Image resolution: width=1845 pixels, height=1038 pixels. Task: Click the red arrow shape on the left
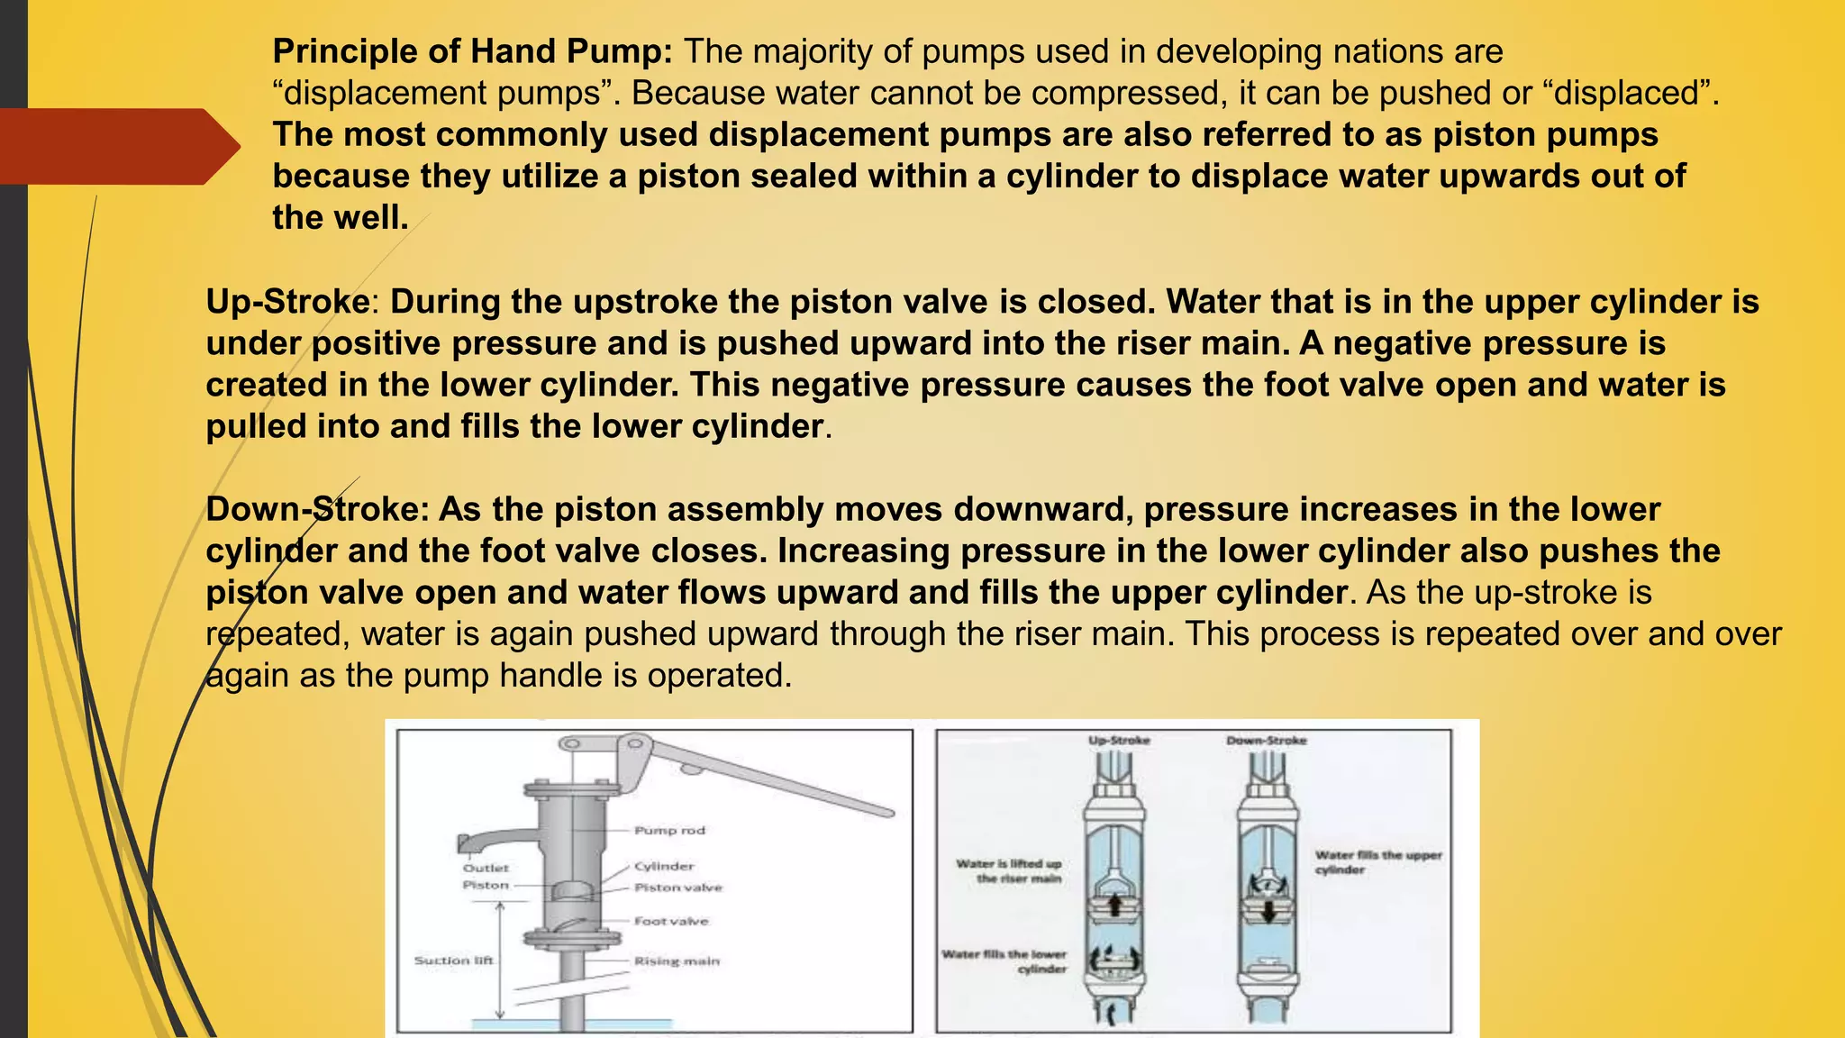pos(117,147)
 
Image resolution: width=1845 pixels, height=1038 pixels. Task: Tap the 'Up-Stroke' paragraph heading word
pos(287,302)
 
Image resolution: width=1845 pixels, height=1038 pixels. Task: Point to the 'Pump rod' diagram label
pos(669,830)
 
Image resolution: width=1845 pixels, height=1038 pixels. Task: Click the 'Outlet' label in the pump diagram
pos(486,868)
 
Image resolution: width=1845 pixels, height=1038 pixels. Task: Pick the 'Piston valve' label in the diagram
pos(677,888)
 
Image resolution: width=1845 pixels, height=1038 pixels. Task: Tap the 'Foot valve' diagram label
pos(671,921)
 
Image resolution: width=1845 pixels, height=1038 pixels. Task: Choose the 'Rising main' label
pos(677,961)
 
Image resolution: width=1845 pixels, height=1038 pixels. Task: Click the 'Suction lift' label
pos(453,961)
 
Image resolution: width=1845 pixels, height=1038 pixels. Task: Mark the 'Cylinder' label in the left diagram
pos(664,866)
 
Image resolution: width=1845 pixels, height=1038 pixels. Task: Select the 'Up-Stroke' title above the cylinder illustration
pos(1119,741)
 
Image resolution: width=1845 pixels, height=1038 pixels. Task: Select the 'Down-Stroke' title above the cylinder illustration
pos(1266,741)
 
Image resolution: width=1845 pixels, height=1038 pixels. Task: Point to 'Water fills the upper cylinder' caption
pos(1377,861)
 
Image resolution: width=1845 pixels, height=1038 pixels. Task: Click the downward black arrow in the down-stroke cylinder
pos(1268,911)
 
